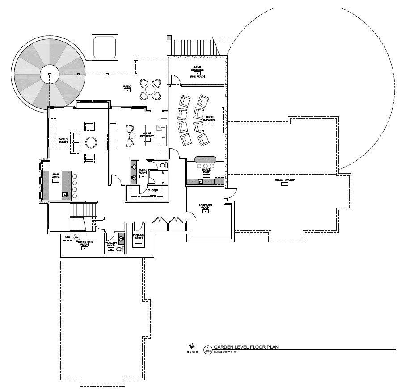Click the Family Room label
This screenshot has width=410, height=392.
coord(63,140)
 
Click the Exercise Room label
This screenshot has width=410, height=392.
coord(206,206)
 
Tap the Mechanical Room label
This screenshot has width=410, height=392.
coord(84,243)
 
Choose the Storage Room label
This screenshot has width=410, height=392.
coord(139,236)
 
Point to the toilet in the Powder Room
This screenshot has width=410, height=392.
coord(118,249)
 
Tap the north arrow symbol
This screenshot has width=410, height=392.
coord(191,346)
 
